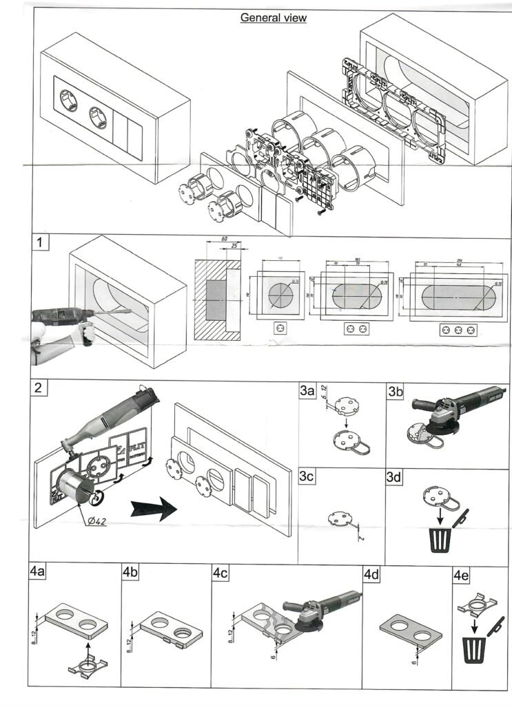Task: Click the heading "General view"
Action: (273, 18)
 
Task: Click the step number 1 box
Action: (43, 243)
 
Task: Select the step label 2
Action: (41, 387)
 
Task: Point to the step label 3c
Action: (307, 478)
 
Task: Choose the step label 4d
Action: (373, 574)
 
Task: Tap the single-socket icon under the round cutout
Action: (280, 328)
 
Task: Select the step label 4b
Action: (131, 573)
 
